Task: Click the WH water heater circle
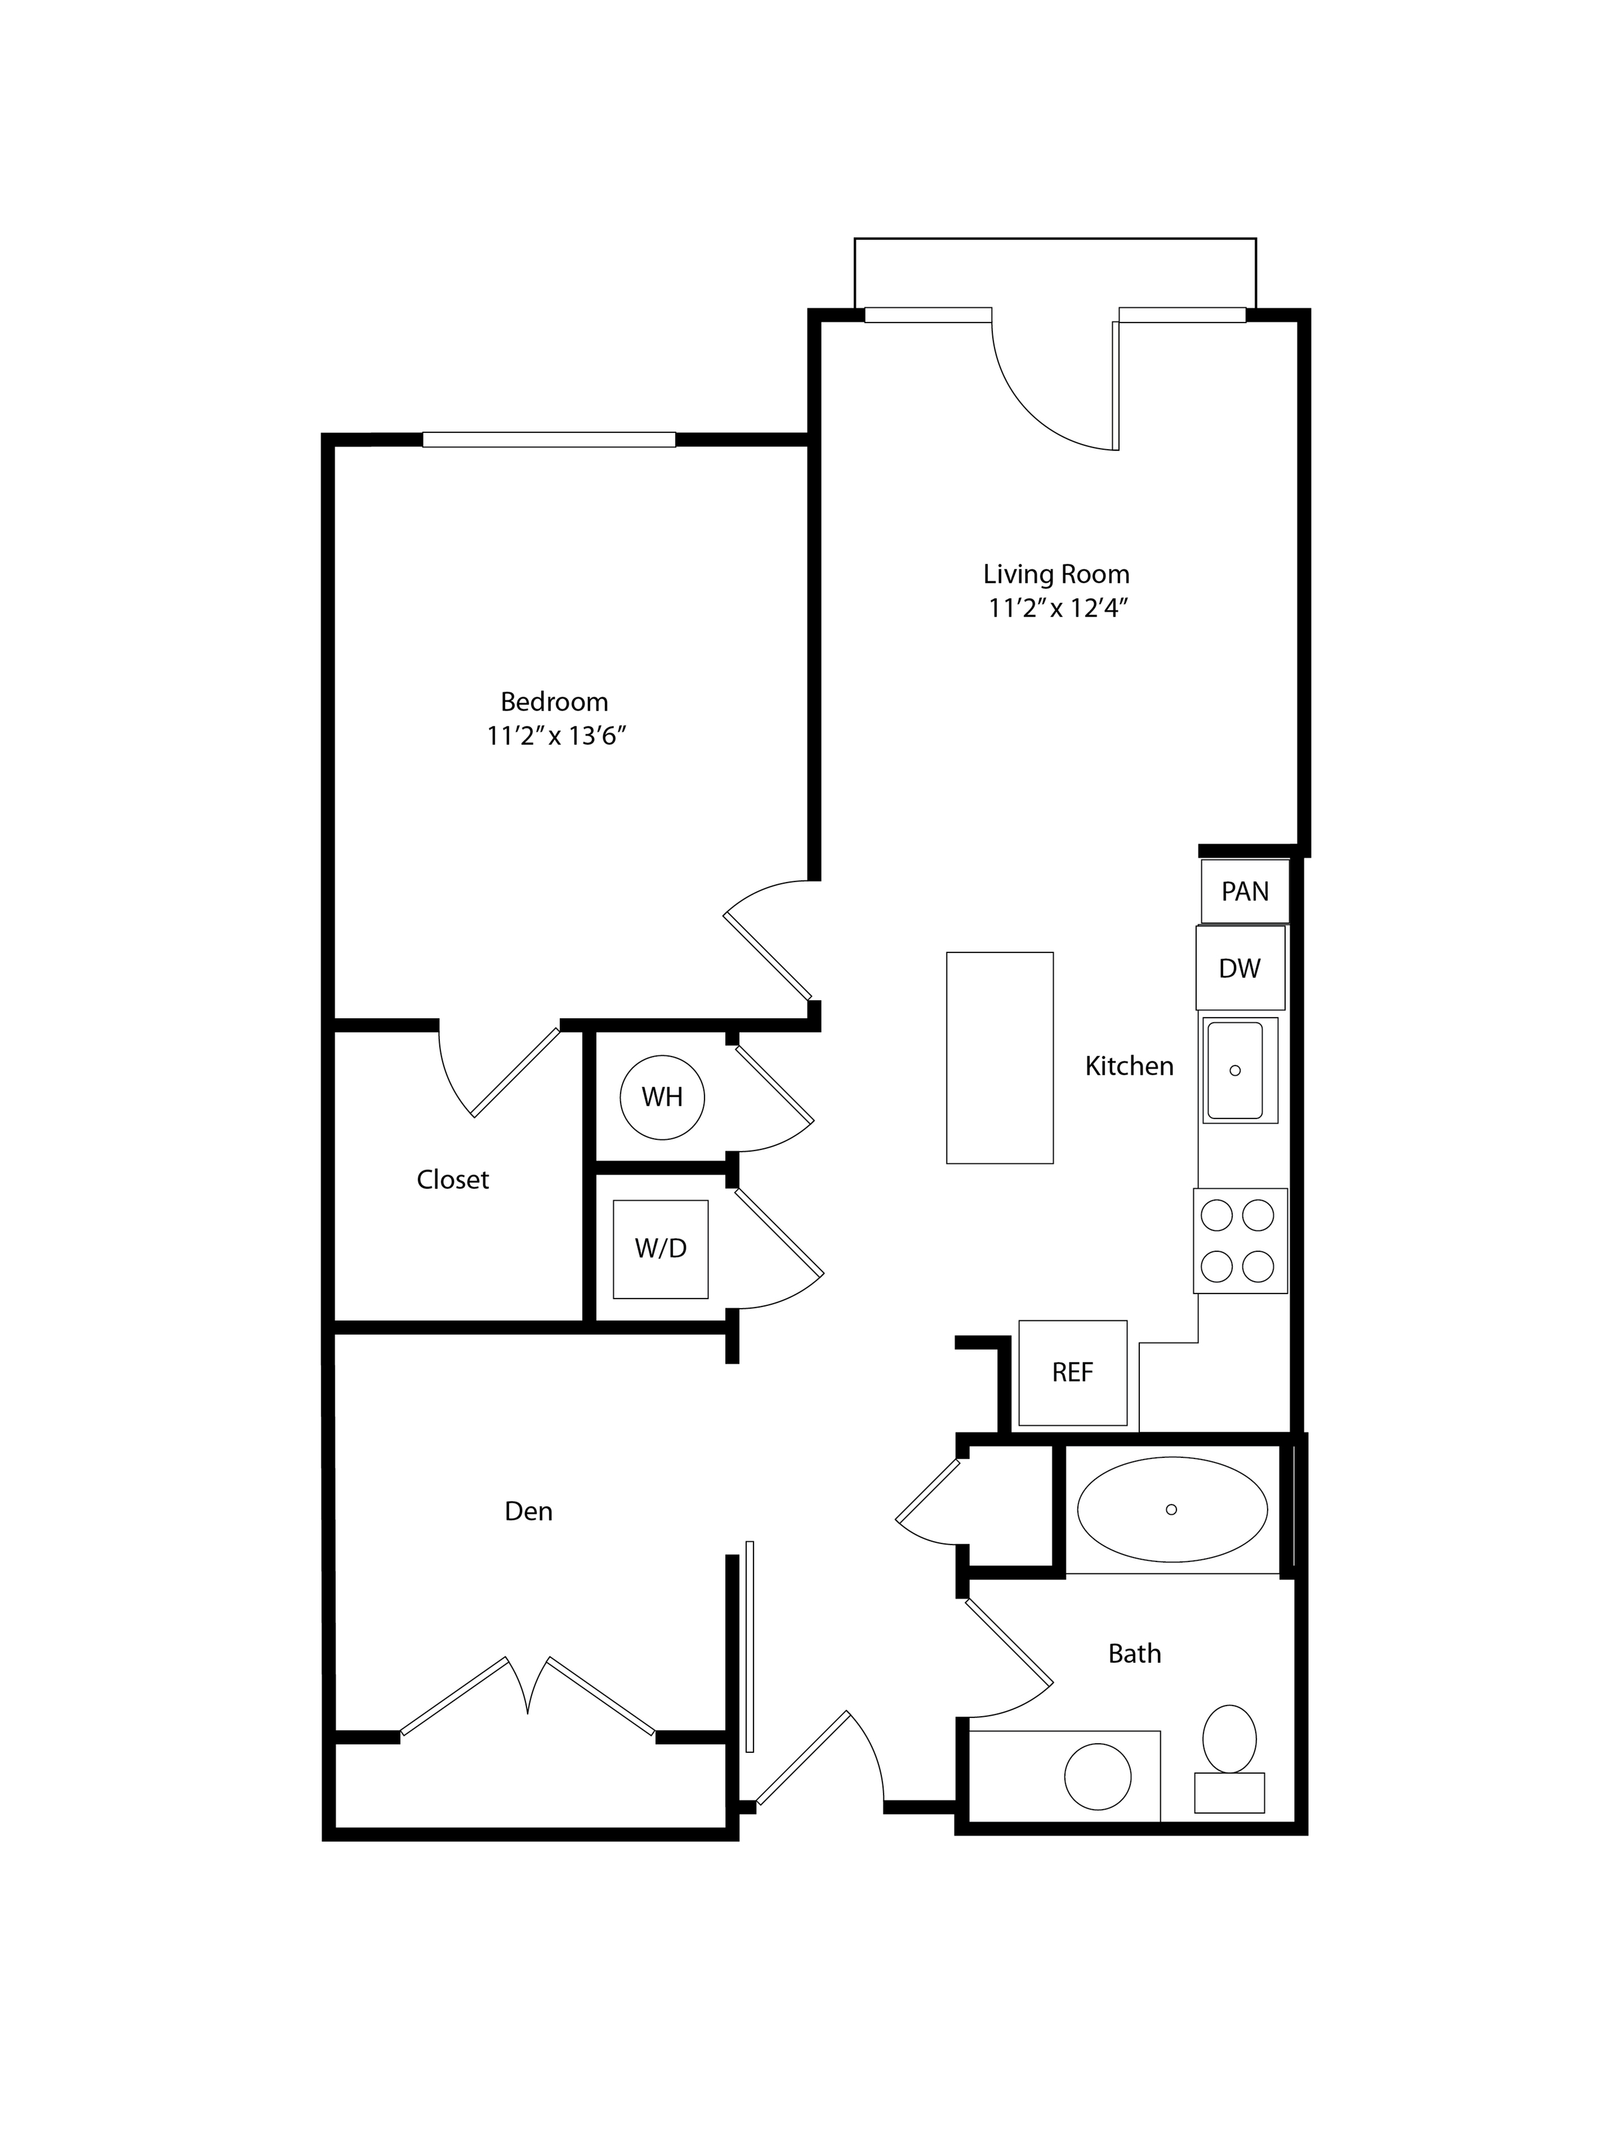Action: click(662, 1097)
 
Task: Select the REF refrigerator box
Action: click(1072, 1372)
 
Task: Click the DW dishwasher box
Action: click(1240, 968)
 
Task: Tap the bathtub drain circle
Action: click(1171, 1509)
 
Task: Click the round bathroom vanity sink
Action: click(1098, 1776)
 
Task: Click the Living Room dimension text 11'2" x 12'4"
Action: click(1058, 608)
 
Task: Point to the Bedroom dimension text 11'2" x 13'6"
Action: click(555, 736)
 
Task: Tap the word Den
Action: click(528, 1511)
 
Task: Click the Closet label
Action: click(453, 1180)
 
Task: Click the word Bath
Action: click(1134, 1654)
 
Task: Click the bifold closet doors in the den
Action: click(528, 1696)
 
